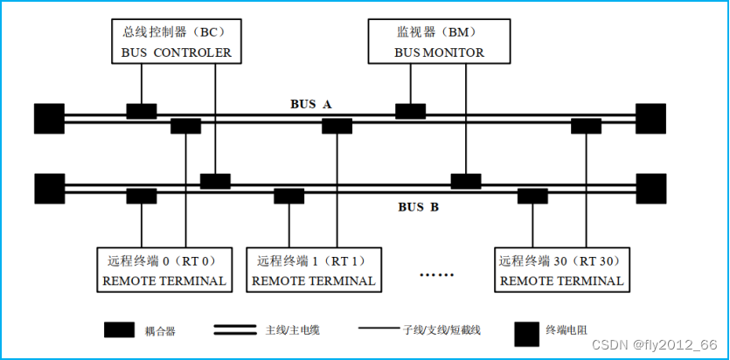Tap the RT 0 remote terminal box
pos(164,270)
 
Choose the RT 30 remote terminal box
pos(560,270)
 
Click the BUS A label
pos(311,104)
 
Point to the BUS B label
pos(418,207)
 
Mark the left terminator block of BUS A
pos(49,117)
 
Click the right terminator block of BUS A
pos(650,117)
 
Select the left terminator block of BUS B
pos(49,188)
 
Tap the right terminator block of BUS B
pos(650,188)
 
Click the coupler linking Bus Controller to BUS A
pos(142,111)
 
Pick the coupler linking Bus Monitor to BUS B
pos(466,182)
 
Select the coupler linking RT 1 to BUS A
pos(337,126)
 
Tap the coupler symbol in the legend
pos(118,330)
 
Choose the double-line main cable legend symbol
pos(235,330)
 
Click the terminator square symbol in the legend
pos(526,331)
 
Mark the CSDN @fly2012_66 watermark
pos(654,345)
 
